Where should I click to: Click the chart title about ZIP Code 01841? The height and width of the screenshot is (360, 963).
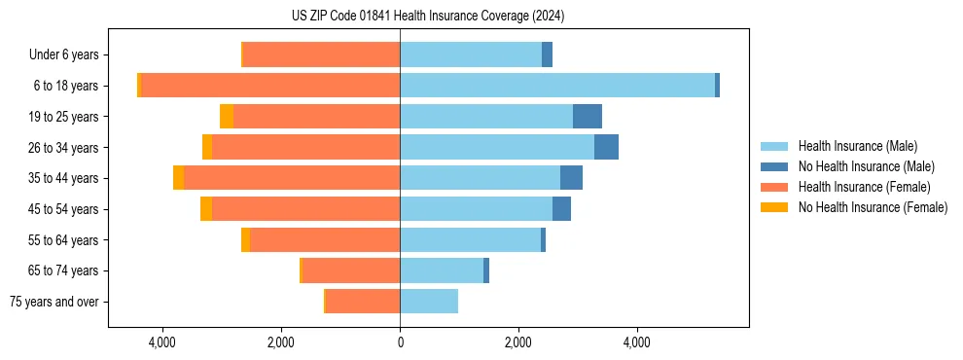[x=427, y=17]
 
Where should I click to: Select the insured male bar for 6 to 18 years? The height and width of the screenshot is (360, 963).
[x=556, y=86]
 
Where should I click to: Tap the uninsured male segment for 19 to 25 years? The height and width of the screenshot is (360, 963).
[x=587, y=117]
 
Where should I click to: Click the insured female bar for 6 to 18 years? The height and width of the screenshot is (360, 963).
[x=270, y=86]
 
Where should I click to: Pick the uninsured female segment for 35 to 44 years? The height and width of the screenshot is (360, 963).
[x=178, y=178]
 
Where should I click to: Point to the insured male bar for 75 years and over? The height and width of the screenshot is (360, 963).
[x=429, y=302]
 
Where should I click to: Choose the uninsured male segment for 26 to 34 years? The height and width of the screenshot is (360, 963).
[x=606, y=147]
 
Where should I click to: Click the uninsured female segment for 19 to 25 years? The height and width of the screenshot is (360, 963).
[x=227, y=117]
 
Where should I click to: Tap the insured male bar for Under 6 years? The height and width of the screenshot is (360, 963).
[x=471, y=54]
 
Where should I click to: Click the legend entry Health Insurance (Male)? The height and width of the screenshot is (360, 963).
[x=857, y=146]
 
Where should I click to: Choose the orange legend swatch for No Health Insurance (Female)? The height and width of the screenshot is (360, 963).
[x=775, y=207]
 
